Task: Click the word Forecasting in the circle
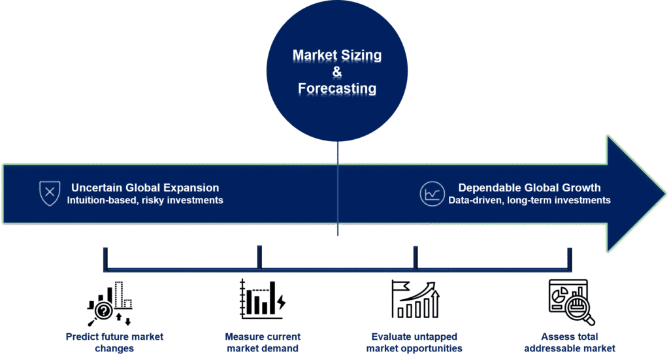click(337, 88)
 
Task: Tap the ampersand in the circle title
click(337, 72)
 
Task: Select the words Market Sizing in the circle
click(337, 56)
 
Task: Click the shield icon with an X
click(48, 193)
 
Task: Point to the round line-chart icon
click(432, 193)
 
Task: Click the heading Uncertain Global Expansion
click(145, 188)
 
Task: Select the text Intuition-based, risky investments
click(145, 201)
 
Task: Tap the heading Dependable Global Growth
click(529, 188)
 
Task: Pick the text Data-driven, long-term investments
click(529, 201)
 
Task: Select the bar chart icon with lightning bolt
click(262, 299)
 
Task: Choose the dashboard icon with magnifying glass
click(570, 301)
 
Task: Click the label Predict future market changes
click(114, 342)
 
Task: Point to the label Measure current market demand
click(262, 342)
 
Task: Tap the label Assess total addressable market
click(569, 342)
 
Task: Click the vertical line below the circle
click(338, 189)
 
